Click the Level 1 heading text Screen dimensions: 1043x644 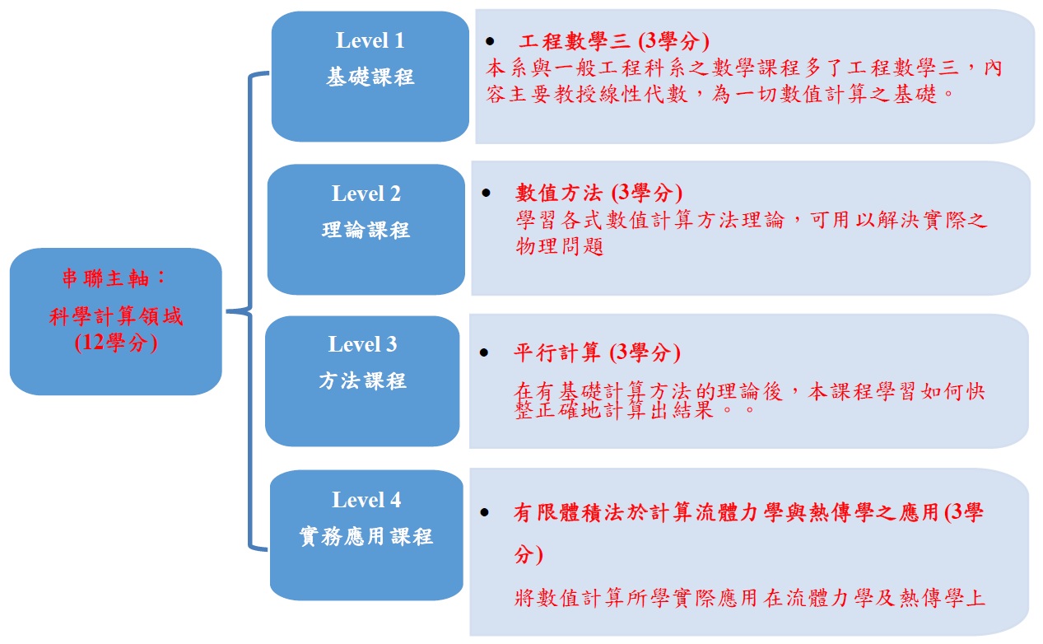tap(370, 40)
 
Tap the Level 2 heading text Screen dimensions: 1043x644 tap(366, 194)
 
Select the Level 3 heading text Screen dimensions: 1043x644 tap(363, 344)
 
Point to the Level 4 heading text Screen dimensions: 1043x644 tap(366, 500)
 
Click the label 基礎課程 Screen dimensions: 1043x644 tap(370, 77)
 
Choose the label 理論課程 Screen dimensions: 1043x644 tap(366, 230)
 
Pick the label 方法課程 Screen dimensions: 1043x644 tap(363, 381)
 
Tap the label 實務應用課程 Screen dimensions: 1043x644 tap(366, 536)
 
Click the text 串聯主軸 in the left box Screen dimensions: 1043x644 tap(105, 278)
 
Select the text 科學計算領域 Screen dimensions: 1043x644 tap(116, 316)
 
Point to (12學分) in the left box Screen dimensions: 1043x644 tap(116, 343)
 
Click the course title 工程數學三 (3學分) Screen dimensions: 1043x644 tap(614, 41)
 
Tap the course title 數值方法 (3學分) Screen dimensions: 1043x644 tap(598, 193)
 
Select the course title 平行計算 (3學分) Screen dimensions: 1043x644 tap(597, 352)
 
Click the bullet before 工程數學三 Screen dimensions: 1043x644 tap(490, 41)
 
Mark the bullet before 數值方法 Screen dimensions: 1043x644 tap(487, 193)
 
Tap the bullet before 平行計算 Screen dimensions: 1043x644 tap(484, 353)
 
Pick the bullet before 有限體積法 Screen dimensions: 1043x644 tap(485, 513)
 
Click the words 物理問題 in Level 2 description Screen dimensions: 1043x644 tap(560, 246)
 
